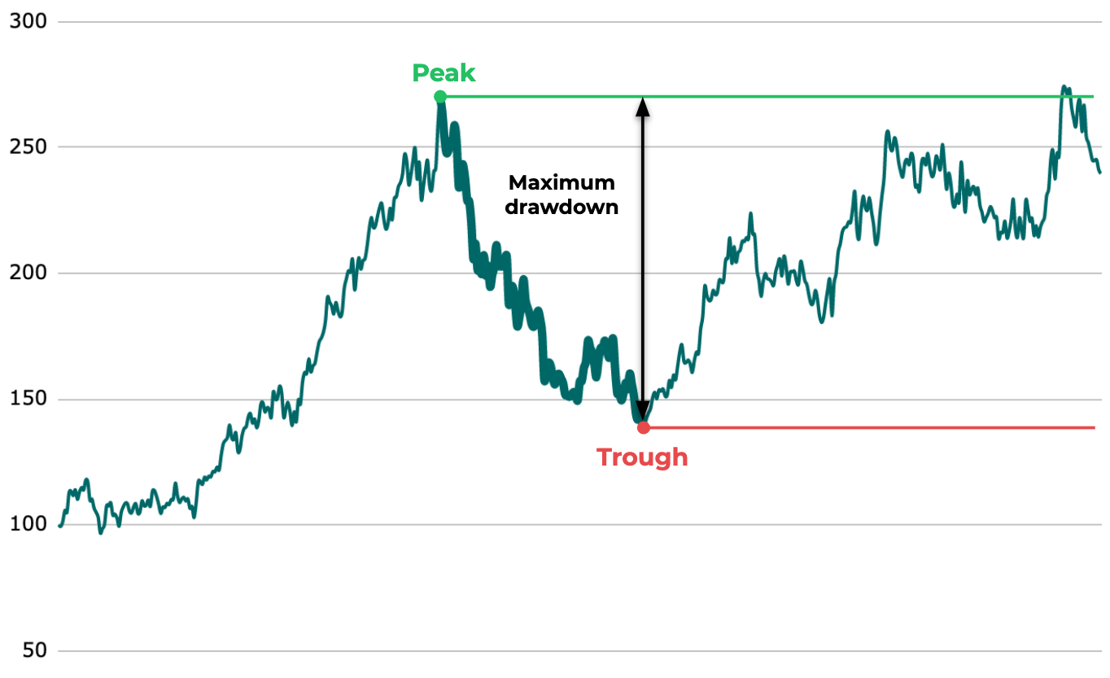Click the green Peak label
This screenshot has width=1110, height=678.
(x=444, y=73)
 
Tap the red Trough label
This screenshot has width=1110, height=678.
(x=642, y=457)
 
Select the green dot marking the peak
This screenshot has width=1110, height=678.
(x=440, y=97)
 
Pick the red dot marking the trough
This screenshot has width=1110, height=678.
(x=644, y=427)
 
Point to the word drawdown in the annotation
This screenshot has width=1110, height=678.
(x=562, y=207)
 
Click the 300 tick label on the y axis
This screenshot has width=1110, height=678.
(x=27, y=21)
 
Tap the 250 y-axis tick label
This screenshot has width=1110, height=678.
(x=27, y=147)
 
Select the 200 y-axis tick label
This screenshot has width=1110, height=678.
(x=27, y=273)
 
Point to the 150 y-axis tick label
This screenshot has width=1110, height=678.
(x=27, y=399)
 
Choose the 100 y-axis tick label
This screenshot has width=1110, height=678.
(x=27, y=525)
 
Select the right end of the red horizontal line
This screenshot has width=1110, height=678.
(x=1095, y=427)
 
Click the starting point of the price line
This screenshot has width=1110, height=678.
(x=59, y=526)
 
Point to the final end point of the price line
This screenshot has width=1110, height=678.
(x=1099, y=172)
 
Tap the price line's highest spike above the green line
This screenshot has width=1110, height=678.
(x=1064, y=86)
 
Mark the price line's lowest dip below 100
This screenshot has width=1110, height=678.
(x=101, y=533)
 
